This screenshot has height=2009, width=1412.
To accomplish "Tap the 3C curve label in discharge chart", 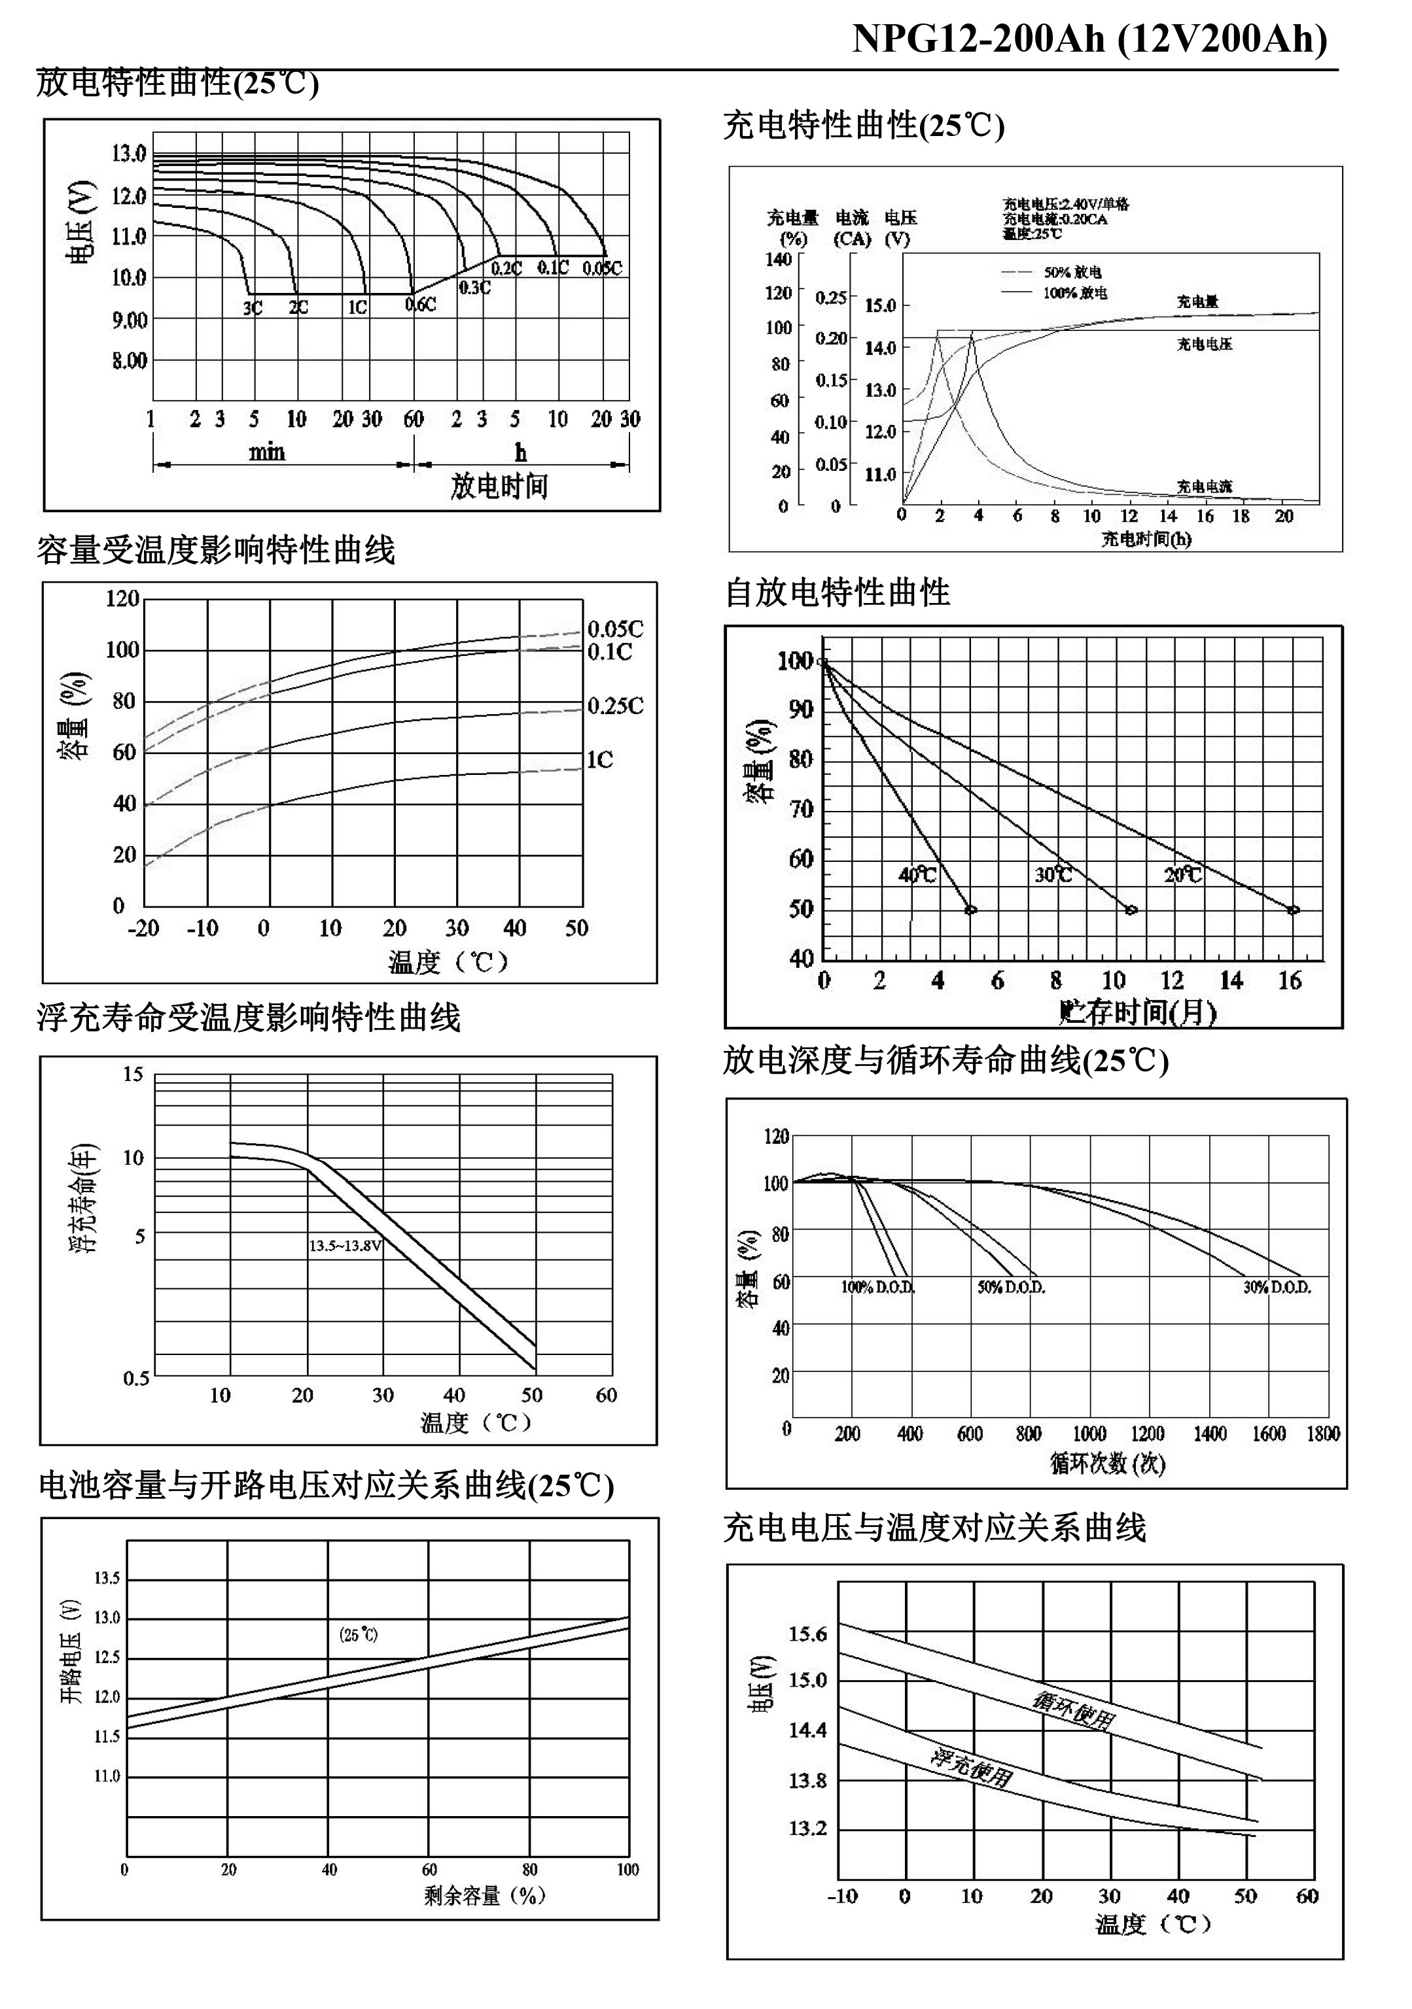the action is pyautogui.click(x=252, y=308).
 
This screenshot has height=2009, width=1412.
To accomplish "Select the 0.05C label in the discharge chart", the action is pyautogui.click(x=602, y=267).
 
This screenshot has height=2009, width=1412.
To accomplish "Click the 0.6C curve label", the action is pyautogui.click(x=420, y=305).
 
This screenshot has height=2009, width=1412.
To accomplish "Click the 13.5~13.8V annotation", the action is pyautogui.click(x=345, y=1245).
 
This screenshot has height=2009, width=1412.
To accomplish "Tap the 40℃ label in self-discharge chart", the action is pyautogui.click(x=917, y=874).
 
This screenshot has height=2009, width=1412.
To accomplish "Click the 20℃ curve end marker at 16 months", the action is pyautogui.click(x=1293, y=910).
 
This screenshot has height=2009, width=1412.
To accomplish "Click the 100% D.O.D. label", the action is pyautogui.click(x=878, y=1287).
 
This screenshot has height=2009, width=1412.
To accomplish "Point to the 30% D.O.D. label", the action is pyautogui.click(x=1277, y=1287).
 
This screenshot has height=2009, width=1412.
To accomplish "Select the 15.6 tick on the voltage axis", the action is pyautogui.click(x=807, y=1634).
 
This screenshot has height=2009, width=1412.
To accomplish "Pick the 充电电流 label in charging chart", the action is pyautogui.click(x=1204, y=487).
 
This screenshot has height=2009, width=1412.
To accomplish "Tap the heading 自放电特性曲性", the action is pyautogui.click(x=837, y=593).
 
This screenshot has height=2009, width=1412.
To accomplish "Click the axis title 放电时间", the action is pyautogui.click(x=499, y=487).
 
